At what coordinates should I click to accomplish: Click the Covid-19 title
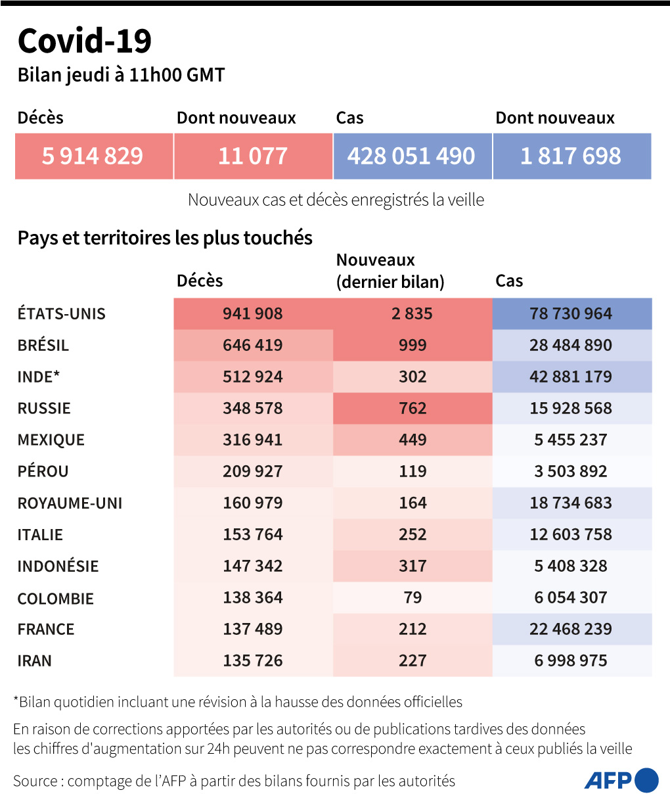coord(85,41)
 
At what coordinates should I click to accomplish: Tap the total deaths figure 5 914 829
coord(93,156)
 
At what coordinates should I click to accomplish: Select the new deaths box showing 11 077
coord(253,156)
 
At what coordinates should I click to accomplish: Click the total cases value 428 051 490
coord(411,156)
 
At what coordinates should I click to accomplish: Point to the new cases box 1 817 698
coord(571,156)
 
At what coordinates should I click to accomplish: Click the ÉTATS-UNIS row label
coord(62,313)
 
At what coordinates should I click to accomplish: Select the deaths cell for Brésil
coord(253,345)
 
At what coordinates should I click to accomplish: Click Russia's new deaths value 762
coord(413,408)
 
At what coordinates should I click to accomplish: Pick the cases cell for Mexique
coord(571,440)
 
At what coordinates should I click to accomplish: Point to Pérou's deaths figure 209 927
coord(253,471)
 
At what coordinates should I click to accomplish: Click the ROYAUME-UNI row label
coord(70,503)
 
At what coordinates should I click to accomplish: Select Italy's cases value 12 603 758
coord(571,534)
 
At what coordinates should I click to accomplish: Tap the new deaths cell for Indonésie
coord(413,566)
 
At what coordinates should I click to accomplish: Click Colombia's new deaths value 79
coord(413,597)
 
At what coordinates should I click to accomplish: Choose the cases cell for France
coord(571,629)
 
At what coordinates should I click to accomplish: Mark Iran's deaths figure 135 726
coord(253,660)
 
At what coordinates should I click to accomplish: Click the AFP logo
coord(621,780)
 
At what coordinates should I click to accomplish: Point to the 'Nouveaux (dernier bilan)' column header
coord(390,271)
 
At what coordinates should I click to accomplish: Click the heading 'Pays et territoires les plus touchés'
coord(165,238)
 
